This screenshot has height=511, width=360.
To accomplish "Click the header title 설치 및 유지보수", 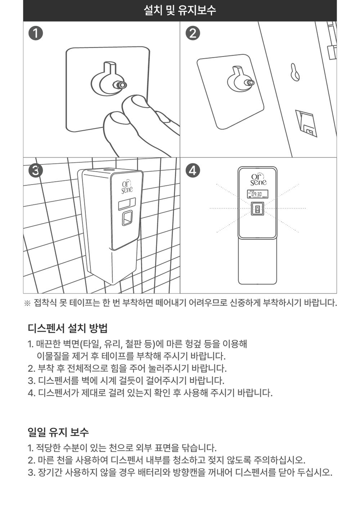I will pyautogui.click(x=180, y=10).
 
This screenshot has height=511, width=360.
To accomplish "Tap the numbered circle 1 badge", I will pyautogui.click(x=36, y=33).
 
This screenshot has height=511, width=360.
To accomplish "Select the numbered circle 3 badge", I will pyautogui.click(x=36, y=171).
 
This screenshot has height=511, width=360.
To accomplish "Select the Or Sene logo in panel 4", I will pyautogui.click(x=258, y=180).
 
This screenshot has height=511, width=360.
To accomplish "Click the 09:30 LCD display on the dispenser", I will pyautogui.click(x=257, y=194).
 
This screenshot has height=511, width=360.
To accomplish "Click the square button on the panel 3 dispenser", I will pyautogui.click(x=127, y=218).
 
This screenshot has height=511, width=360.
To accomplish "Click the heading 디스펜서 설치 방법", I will pyautogui.click(x=68, y=327).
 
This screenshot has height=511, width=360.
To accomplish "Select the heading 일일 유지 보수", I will pyautogui.click(x=58, y=432).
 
